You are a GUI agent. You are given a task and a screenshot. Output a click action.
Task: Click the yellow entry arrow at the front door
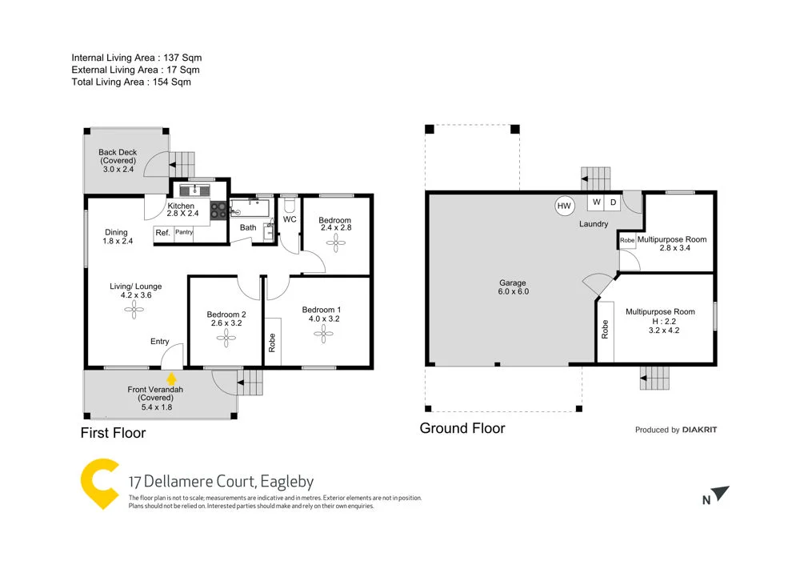point(170,377)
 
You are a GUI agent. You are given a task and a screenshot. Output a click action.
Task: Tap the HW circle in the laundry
point(564,206)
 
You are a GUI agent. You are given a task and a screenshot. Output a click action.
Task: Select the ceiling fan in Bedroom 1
point(324,335)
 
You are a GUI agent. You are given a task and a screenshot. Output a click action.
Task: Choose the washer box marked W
point(597,202)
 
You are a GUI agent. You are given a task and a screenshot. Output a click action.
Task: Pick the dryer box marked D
point(613,202)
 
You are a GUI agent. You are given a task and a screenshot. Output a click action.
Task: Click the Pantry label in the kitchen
point(184,233)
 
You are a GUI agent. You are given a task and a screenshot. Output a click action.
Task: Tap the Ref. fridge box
point(162,233)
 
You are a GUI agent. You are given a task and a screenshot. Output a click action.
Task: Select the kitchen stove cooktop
point(218,210)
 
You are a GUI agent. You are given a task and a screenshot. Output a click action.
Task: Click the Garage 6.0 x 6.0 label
point(513,287)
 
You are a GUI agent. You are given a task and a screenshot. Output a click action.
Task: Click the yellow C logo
point(99,483)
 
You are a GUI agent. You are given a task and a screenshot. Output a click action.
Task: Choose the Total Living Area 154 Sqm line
point(131,82)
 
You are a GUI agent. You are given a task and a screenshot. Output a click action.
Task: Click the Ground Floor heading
point(462,428)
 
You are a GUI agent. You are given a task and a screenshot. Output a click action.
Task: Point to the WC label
point(290,218)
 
